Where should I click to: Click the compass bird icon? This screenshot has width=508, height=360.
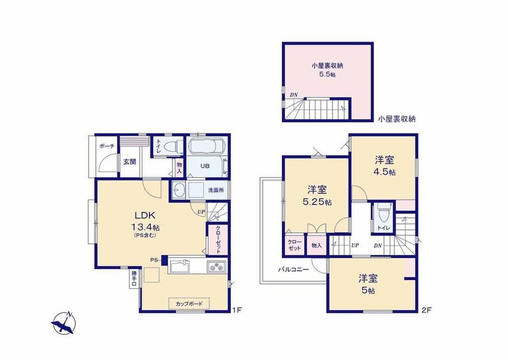pyautogui.click(x=64, y=323)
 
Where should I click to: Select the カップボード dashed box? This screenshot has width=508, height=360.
pyautogui.click(x=189, y=304)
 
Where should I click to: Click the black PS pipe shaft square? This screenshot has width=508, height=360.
pyautogui.click(x=164, y=260)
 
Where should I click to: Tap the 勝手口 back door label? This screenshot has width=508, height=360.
pyautogui.click(x=134, y=278)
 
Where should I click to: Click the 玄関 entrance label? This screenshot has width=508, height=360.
pyautogui.click(x=129, y=162)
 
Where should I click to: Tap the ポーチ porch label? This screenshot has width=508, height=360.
pyautogui.click(x=107, y=146)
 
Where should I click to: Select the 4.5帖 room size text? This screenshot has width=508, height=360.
pyautogui.click(x=385, y=172)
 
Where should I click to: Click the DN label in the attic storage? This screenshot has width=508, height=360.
pyautogui.click(x=294, y=95)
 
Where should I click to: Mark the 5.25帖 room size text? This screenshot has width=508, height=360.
pyautogui.click(x=317, y=202)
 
